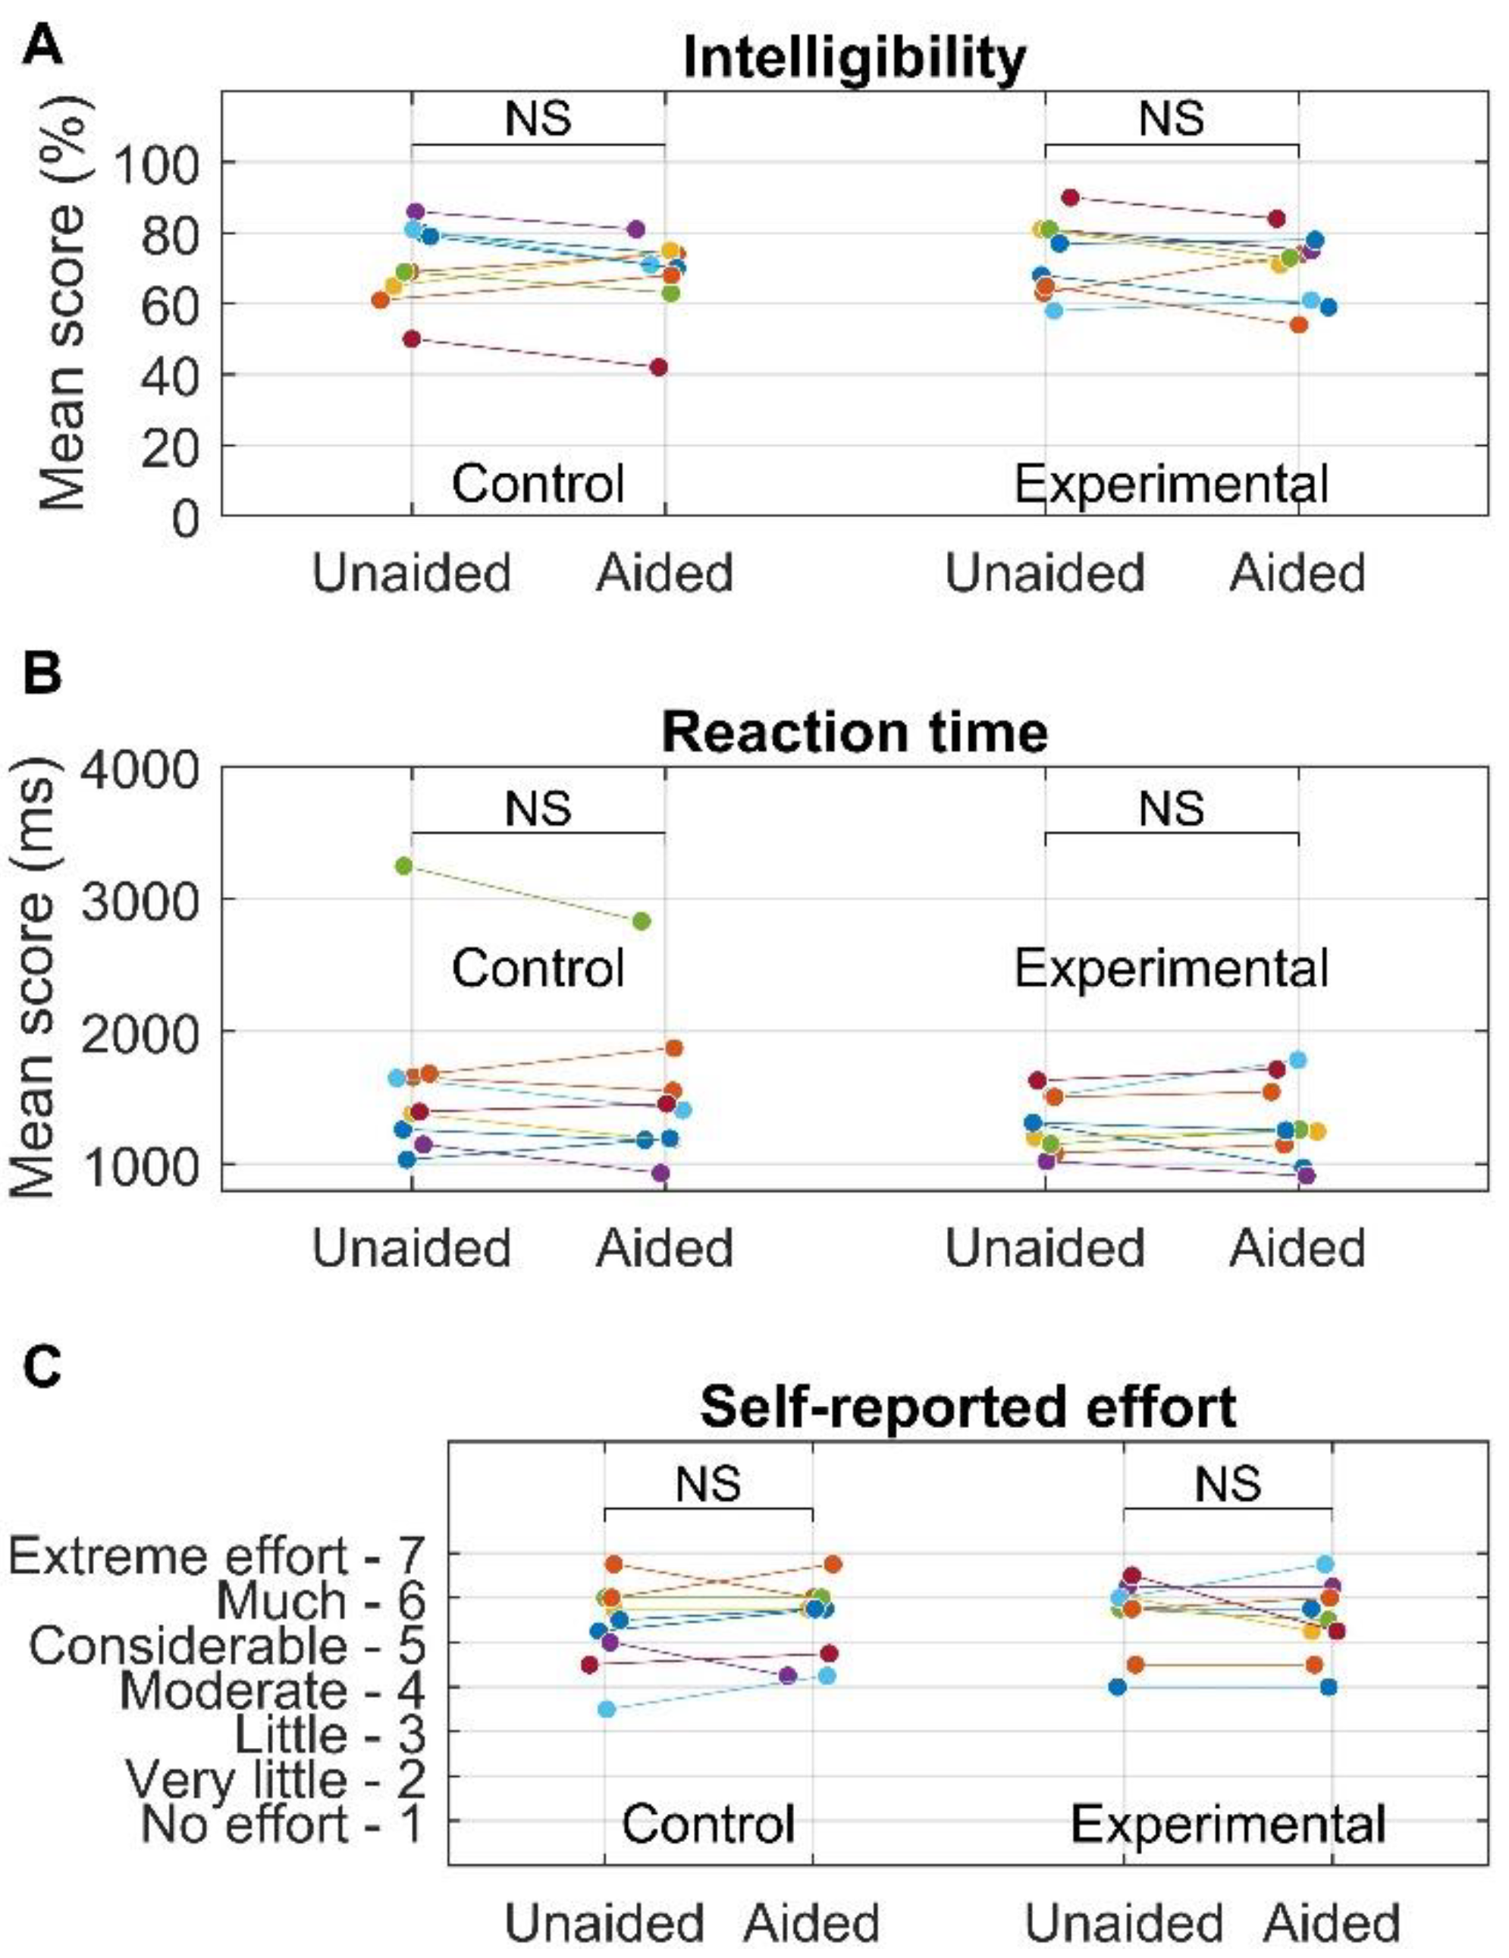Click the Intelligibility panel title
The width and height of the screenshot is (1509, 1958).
pyautogui.click(x=854, y=59)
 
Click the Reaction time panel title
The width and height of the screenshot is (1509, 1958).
pyautogui.click(x=854, y=733)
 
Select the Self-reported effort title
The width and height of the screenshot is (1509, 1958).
pyautogui.click(x=968, y=1406)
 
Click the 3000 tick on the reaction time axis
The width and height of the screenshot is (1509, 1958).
pyautogui.click(x=138, y=899)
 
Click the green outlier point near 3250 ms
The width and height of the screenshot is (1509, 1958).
pyautogui.click(x=403, y=865)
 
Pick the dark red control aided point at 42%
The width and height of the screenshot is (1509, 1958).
pyautogui.click(x=658, y=368)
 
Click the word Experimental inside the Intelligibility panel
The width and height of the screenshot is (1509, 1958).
pyautogui.click(x=1171, y=485)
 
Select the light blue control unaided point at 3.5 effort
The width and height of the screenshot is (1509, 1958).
pyautogui.click(x=607, y=1709)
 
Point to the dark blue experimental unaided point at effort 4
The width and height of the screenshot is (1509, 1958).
pyautogui.click(x=1117, y=1687)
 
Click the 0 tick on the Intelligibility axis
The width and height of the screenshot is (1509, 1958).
pyautogui.click(x=186, y=518)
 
